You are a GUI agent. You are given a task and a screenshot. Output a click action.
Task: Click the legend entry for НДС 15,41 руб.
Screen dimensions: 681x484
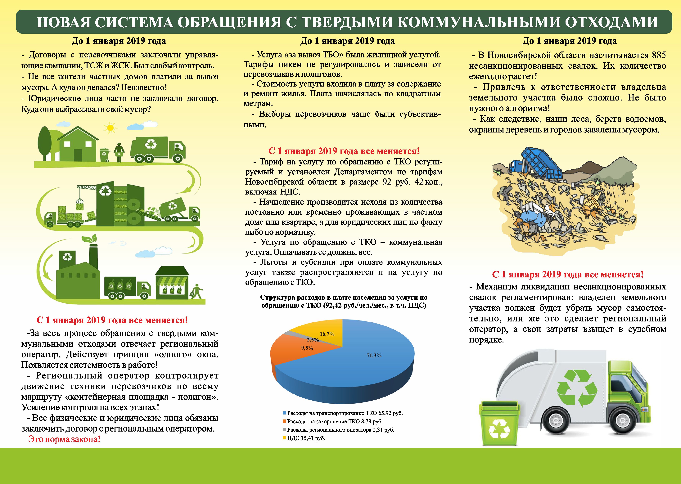coord(304,438)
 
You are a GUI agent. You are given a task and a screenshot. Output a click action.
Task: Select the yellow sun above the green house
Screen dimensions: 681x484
coord(110,128)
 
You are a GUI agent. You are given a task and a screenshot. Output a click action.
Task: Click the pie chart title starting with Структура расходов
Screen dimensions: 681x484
coord(344,301)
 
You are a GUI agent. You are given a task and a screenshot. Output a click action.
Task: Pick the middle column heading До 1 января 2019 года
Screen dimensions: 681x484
coord(348,41)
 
